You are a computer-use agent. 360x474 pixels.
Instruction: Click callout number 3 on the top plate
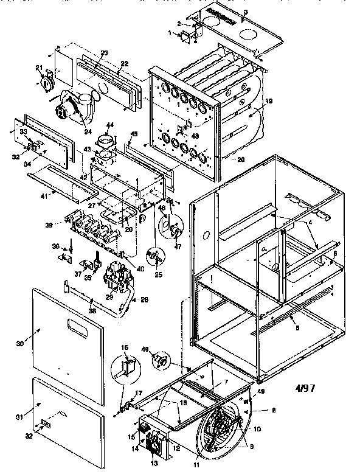pyautogui.click(x=246, y=12)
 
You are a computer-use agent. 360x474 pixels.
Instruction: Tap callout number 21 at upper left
pyautogui.click(x=39, y=67)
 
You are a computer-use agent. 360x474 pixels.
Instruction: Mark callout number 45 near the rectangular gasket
pyautogui.click(x=134, y=134)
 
